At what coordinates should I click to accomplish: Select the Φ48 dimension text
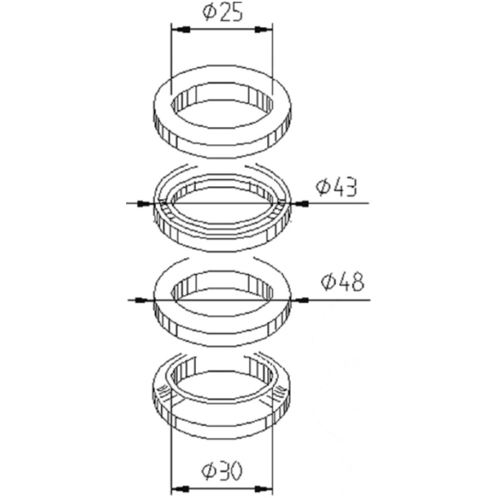tap(341, 282)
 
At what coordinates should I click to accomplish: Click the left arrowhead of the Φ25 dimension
tap(179, 30)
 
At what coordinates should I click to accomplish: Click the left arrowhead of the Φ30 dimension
tap(178, 489)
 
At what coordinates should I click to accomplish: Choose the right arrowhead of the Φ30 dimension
tap(266, 489)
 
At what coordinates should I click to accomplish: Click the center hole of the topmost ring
tap(222, 108)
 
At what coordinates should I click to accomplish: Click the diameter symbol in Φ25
tap(208, 12)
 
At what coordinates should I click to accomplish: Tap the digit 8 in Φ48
tap(356, 282)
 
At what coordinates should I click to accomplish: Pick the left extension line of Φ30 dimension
tap(170, 456)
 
